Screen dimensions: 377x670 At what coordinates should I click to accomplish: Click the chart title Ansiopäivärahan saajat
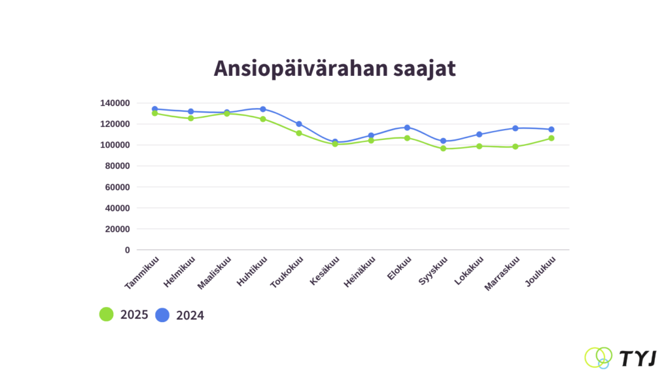click(334, 68)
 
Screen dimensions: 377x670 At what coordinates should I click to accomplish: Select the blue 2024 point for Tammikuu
click(155, 109)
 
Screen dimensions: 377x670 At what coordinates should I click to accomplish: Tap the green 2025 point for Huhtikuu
click(263, 119)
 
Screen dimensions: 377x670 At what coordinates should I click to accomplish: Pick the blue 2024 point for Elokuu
click(407, 128)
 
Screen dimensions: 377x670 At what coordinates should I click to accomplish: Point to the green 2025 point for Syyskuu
click(443, 149)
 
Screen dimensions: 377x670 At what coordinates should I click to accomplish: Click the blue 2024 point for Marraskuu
click(516, 128)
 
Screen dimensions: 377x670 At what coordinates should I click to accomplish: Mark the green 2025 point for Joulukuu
click(552, 138)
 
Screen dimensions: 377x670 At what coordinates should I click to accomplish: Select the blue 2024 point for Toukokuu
click(299, 124)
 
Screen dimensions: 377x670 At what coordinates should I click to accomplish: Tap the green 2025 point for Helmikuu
click(191, 118)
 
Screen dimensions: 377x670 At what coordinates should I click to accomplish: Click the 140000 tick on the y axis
click(115, 103)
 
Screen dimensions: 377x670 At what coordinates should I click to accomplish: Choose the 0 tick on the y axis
click(127, 250)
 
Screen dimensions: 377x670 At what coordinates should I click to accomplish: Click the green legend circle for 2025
click(107, 315)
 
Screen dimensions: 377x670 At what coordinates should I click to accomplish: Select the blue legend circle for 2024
click(162, 315)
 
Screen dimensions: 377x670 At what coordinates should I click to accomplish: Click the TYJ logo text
click(638, 358)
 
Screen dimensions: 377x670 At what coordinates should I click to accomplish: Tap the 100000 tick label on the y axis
click(115, 145)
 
